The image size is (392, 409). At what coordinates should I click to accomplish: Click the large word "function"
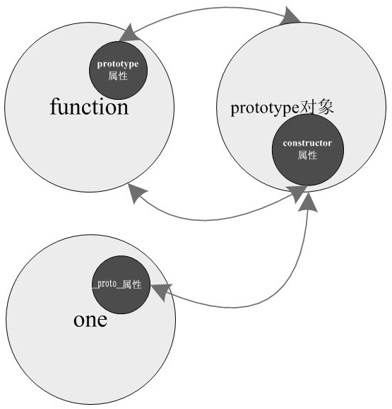click(89, 107)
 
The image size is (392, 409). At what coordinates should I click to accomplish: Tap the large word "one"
click(90, 320)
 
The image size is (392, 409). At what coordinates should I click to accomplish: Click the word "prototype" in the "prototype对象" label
click(265, 108)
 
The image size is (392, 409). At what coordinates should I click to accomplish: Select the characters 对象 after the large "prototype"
click(316, 107)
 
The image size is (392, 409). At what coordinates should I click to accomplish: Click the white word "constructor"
click(307, 143)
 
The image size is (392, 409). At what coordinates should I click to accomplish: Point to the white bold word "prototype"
click(118, 64)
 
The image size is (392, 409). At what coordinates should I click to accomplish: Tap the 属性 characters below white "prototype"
click(118, 76)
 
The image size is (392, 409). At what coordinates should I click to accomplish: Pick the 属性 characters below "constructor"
click(307, 155)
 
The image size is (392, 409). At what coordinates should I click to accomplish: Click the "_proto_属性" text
click(117, 284)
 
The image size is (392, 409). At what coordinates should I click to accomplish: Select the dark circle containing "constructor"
click(308, 150)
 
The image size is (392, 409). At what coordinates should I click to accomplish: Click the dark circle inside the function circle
click(119, 70)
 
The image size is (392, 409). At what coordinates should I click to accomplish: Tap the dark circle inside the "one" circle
click(121, 284)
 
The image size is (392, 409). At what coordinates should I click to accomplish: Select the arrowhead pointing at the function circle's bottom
click(136, 192)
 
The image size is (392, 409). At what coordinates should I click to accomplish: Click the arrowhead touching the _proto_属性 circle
click(161, 292)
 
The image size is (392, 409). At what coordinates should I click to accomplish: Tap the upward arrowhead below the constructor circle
click(308, 202)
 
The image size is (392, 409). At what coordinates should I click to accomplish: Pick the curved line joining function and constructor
click(208, 220)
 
